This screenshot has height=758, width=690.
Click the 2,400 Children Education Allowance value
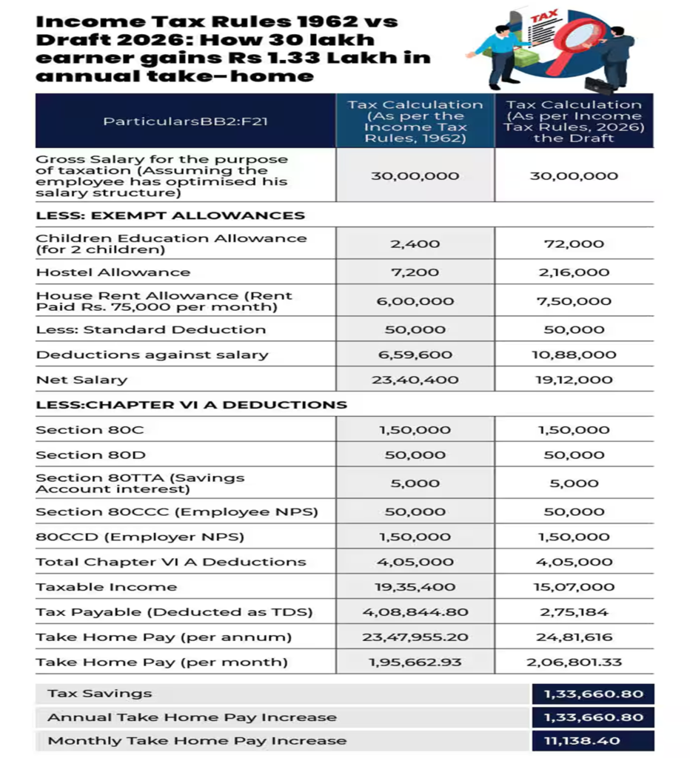coord(415,244)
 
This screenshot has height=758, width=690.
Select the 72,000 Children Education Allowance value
coord(574,244)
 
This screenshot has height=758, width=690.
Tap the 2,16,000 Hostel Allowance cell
coord(574,272)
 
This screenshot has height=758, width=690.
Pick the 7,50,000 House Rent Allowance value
coord(574,301)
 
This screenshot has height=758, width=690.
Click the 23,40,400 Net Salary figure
coord(415,380)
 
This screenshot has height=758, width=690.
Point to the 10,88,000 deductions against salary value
coord(574,355)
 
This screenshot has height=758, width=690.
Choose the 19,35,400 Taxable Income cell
coord(415,587)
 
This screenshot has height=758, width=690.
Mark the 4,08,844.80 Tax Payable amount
coord(415,612)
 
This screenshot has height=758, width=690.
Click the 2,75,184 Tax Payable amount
coord(574,612)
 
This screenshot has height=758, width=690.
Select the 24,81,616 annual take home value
coord(574,637)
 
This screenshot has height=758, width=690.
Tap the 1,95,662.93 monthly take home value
coord(415,663)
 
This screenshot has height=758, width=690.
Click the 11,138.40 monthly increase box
coord(593,740)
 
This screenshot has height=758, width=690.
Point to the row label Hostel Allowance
coord(113,272)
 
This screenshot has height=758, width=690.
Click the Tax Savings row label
coord(100,694)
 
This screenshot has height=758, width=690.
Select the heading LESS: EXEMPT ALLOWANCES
coord(170,215)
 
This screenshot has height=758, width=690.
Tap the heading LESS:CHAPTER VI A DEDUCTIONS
coord(191,405)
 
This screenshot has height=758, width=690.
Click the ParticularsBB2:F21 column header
coord(185,121)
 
